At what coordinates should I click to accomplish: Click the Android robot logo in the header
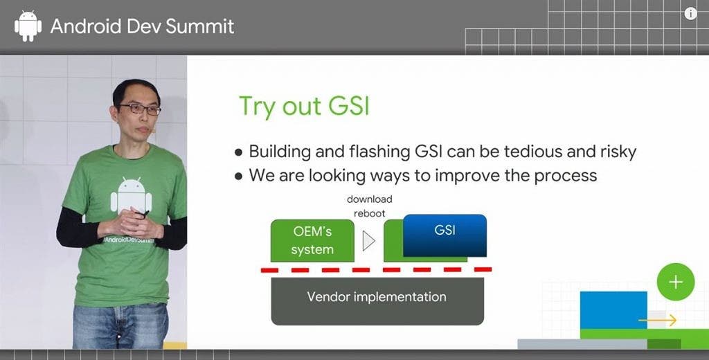[28, 26]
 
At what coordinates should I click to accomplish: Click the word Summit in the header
[200, 26]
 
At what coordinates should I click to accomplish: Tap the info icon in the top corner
[690, 14]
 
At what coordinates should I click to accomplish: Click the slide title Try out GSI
[304, 107]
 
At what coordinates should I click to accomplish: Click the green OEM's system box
[312, 241]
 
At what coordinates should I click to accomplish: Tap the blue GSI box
[445, 235]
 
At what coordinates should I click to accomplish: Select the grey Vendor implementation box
[377, 301]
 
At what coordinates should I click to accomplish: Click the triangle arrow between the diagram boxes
[368, 241]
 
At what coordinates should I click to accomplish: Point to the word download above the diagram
[370, 199]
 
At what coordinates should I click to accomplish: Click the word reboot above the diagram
[370, 213]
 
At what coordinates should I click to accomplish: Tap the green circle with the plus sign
[676, 282]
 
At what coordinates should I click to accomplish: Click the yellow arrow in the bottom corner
[658, 321]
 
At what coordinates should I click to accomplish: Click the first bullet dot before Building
[239, 152]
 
